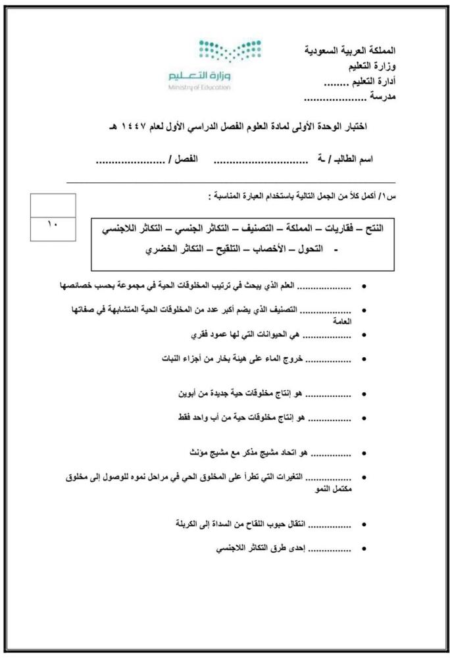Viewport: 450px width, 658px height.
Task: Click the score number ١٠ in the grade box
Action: tap(53, 224)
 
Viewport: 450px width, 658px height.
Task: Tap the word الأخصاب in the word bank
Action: tap(260, 250)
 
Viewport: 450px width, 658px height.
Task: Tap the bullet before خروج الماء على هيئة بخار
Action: tap(364, 360)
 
